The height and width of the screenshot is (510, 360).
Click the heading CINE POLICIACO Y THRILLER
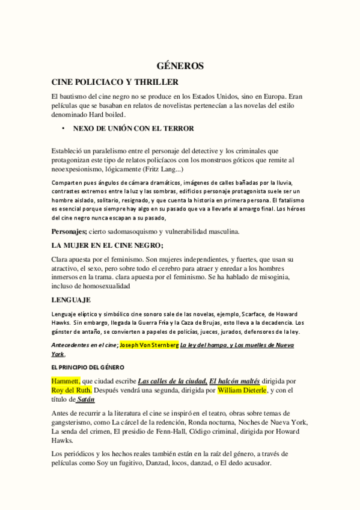115,82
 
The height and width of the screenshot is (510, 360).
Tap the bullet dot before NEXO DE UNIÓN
62,128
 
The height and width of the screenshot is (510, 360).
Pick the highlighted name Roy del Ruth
72,390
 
